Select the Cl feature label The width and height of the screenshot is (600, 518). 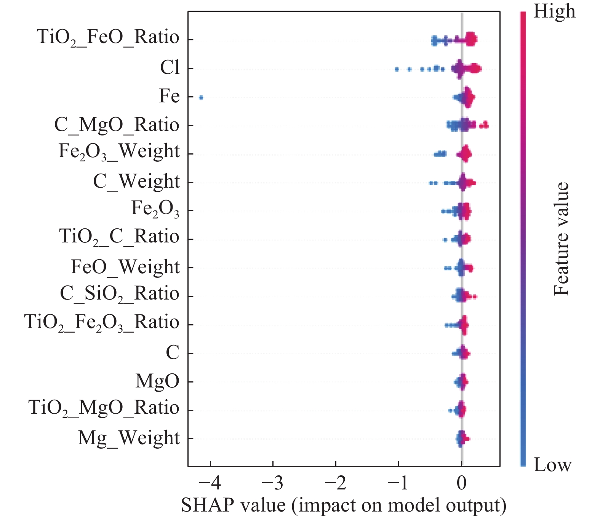coord(170,68)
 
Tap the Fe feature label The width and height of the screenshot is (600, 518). coord(169,96)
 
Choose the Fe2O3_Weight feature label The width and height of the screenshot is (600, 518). coord(119,152)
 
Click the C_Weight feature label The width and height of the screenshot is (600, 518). coord(136,182)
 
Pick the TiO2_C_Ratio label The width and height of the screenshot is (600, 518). coord(119,237)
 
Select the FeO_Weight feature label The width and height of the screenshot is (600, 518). coord(125,267)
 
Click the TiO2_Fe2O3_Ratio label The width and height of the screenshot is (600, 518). coord(102,323)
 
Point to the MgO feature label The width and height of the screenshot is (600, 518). coord(157,381)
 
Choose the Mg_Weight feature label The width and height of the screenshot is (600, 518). coord(128,438)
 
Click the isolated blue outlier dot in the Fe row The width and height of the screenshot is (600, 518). coord(201,98)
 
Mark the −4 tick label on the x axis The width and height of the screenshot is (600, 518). coord(210,484)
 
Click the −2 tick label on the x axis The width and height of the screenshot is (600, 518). coord(336,484)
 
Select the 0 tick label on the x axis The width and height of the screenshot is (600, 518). coord(461,484)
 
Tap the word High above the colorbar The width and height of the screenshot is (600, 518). coord(554,11)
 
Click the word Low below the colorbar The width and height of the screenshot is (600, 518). coord(552,465)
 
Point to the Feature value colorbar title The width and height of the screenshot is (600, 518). coord(561,239)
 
